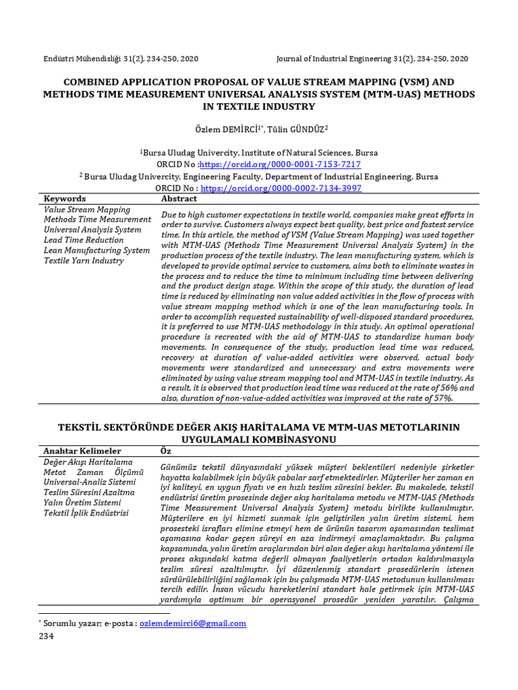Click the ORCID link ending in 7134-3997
[281, 188]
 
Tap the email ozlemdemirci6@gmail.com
[192, 624]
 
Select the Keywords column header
[65, 199]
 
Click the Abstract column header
[179, 199]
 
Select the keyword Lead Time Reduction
[84, 240]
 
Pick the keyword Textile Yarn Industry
[84, 260]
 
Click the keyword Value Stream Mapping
[87, 210]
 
